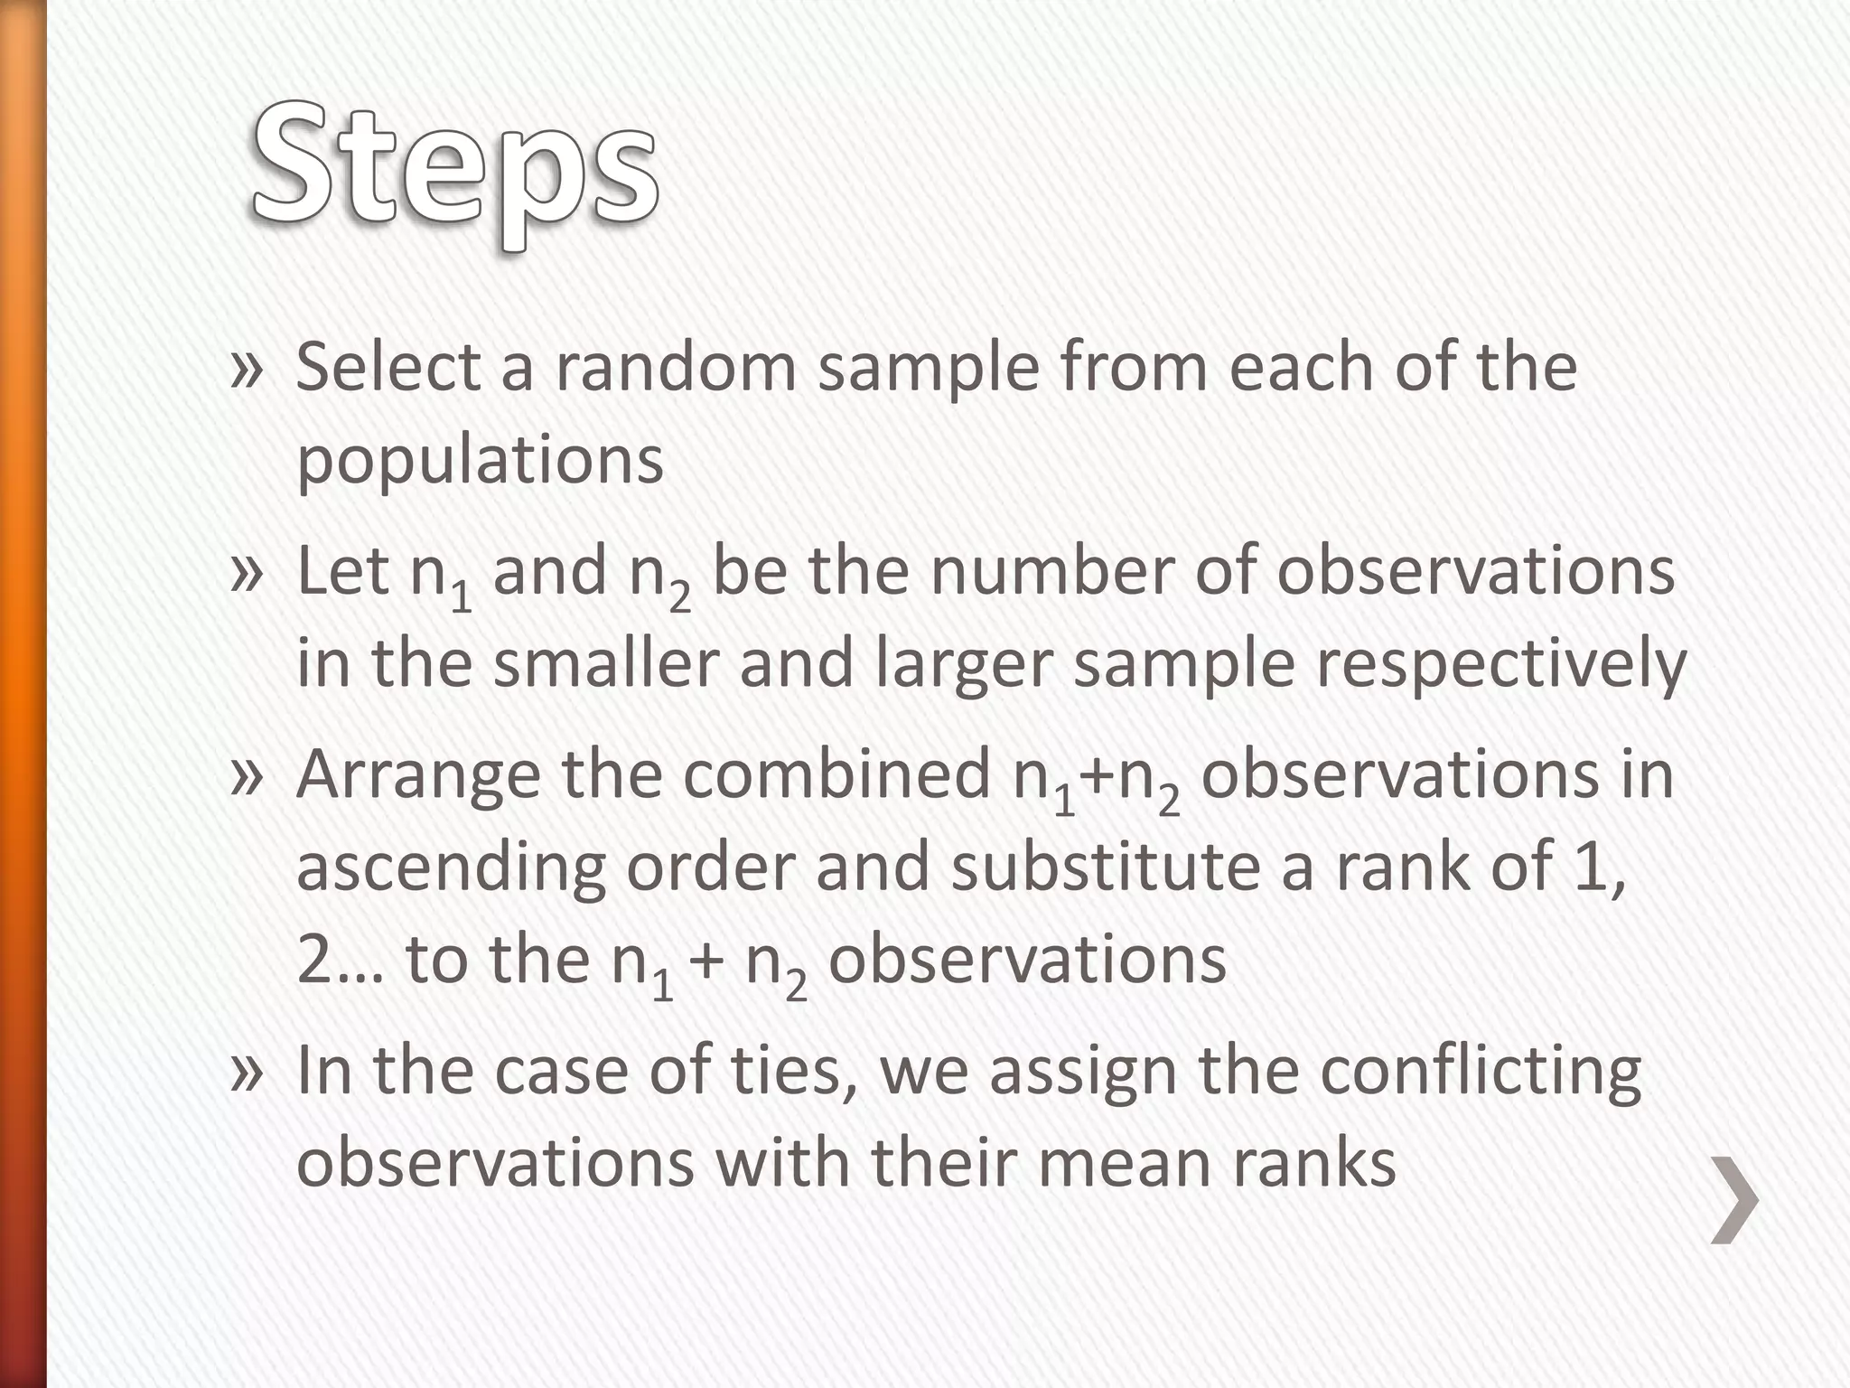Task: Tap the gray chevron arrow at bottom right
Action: pyautogui.click(x=1735, y=1199)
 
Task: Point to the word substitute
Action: pyautogui.click(x=1105, y=866)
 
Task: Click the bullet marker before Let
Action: pyautogui.click(x=247, y=574)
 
